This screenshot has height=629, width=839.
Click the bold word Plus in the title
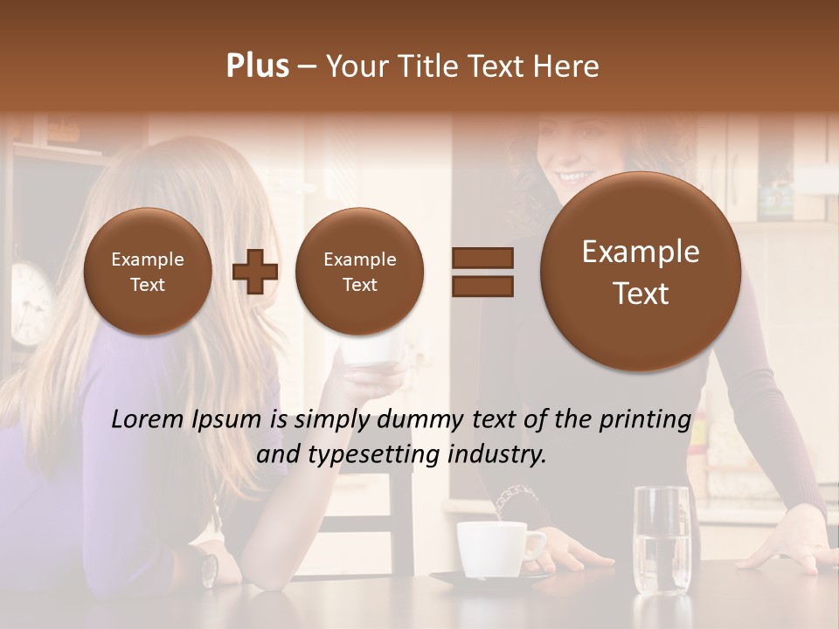tap(257, 66)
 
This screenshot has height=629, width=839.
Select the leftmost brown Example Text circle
tap(148, 272)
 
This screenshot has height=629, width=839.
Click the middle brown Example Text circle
tap(359, 272)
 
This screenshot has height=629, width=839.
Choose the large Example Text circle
tap(641, 272)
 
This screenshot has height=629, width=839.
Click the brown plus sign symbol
tap(255, 272)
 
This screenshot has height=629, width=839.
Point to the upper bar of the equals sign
tap(482, 258)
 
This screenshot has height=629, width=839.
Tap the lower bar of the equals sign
tap(482, 286)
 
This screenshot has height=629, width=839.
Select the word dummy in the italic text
tap(419, 419)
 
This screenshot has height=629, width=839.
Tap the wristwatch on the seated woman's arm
tap(209, 569)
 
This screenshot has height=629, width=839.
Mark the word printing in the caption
tap(645, 419)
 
